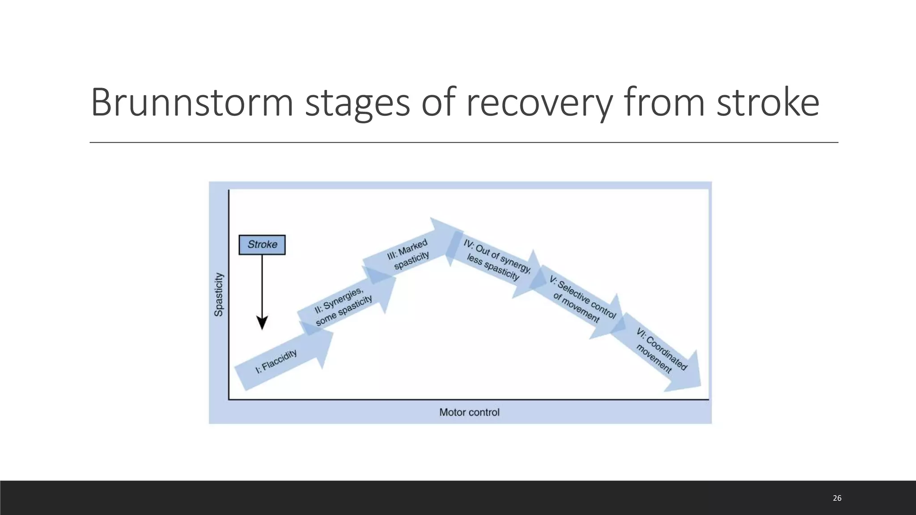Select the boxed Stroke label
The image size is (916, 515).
(x=262, y=245)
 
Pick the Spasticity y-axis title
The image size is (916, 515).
(x=219, y=294)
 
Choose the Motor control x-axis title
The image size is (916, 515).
(x=469, y=412)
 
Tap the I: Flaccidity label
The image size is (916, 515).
(x=276, y=361)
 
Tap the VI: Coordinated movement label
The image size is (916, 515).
(x=660, y=351)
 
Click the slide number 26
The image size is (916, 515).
(x=837, y=498)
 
